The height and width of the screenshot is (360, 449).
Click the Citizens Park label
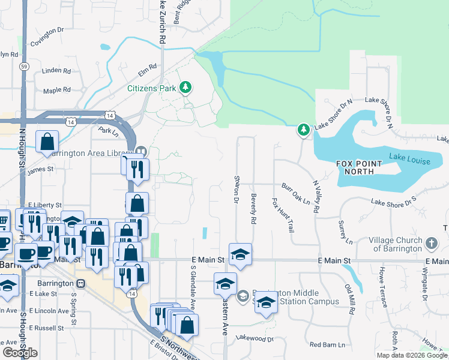(151, 88)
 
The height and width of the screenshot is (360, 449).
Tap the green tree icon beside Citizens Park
(185, 88)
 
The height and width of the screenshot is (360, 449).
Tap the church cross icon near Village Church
(431, 243)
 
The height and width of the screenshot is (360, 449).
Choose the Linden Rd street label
(56, 71)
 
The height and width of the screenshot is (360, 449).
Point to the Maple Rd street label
(56, 91)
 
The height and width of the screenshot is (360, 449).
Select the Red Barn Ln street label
(327, 345)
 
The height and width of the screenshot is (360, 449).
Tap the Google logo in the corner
(20, 353)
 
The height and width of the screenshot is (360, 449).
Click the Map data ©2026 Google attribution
(412, 355)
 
